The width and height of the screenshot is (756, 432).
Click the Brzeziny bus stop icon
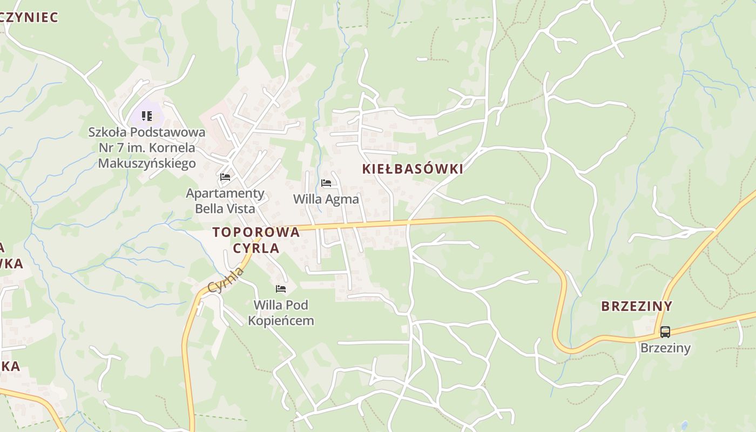(665, 332)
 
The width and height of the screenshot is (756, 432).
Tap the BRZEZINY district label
(637, 306)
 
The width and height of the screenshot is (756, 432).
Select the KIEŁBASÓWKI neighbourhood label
(413, 169)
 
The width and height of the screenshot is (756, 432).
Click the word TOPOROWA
(256, 232)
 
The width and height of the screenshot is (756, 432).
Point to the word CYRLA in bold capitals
(256, 248)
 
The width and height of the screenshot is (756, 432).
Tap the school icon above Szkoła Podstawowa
(147, 116)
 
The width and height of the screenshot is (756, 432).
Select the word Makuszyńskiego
(147, 163)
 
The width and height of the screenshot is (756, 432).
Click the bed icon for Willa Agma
(326, 183)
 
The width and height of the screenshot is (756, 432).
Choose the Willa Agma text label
(326, 199)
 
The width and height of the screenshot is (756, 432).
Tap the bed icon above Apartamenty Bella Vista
(225, 177)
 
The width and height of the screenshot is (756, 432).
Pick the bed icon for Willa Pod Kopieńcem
(281, 289)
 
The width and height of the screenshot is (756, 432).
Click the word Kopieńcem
(281, 321)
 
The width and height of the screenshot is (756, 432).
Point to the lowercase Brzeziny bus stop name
(665, 348)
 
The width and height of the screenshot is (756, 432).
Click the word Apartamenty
(225, 193)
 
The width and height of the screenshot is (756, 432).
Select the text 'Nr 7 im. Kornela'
(147, 147)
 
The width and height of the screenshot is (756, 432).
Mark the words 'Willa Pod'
(281, 305)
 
